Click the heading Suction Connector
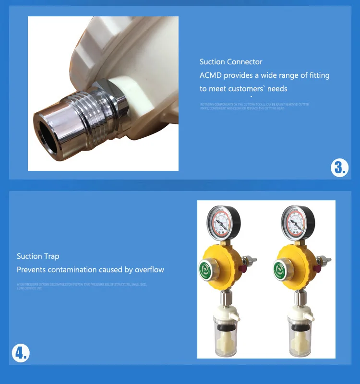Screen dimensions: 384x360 pyautogui.click(x=231, y=62)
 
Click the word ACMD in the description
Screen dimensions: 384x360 pyautogui.click(x=211, y=75)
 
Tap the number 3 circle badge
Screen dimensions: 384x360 pyautogui.click(x=339, y=168)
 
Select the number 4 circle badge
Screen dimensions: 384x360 pyautogui.click(x=21, y=354)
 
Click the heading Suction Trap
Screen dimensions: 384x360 pyautogui.click(x=38, y=256)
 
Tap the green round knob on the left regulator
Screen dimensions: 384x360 pyautogui.click(x=205, y=268)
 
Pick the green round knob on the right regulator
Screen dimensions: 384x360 pyautogui.click(x=280, y=268)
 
